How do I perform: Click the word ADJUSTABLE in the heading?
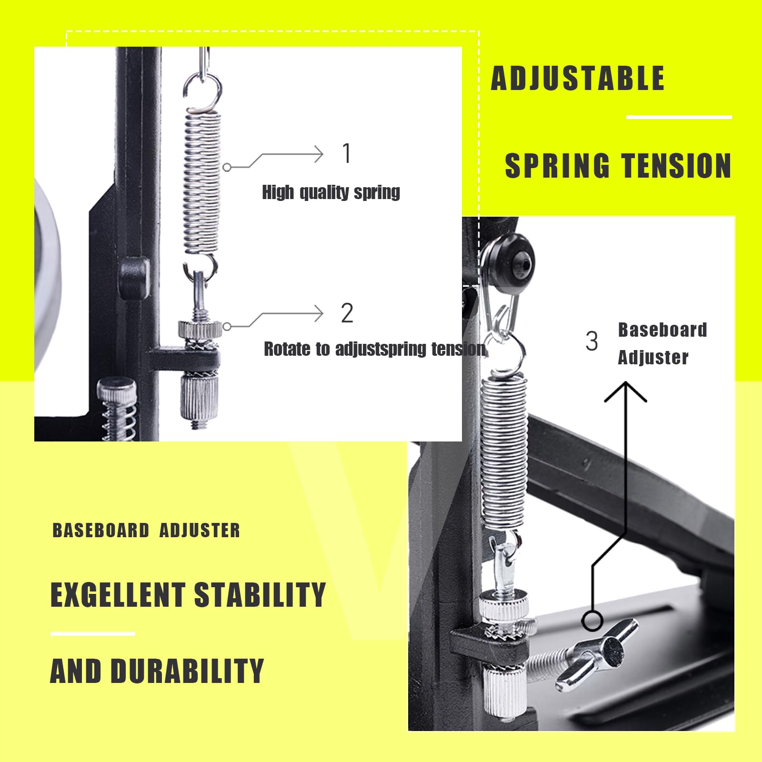coord(578,78)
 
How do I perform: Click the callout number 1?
coord(347,153)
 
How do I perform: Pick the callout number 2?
coord(347,313)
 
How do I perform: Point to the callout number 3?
coord(592,341)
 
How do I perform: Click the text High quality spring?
coord(331,192)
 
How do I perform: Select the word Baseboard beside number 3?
coord(662,330)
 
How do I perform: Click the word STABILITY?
coord(260,594)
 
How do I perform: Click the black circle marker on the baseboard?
coord(592,621)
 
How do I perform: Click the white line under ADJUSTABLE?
coord(679,117)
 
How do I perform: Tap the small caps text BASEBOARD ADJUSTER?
coord(146,531)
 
